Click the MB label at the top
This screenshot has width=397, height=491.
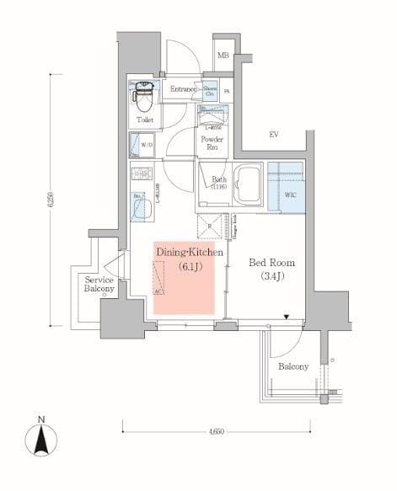pyautogui.click(x=223, y=56)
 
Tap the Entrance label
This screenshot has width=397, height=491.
pyautogui.click(x=183, y=89)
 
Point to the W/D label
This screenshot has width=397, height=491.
pyautogui.click(x=147, y=146)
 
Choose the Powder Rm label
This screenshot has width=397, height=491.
pyautogui.click(x=209, y=142)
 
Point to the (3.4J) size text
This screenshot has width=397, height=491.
pyautogui.click(x=271, y=277)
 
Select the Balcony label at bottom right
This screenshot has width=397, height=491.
pyautogui.click(x=292, y=366)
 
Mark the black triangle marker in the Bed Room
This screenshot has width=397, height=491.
pyautogui.click(x=287, y=318)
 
